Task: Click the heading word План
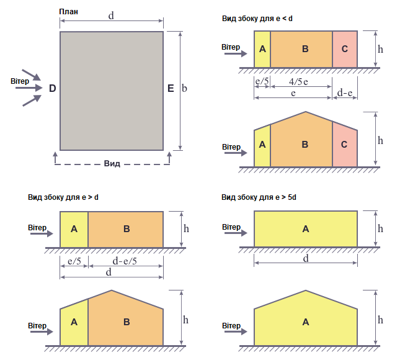pyautogui.click(x=68, y=12)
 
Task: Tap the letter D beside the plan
pyautogui.click(x=53, y=88)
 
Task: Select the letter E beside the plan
pyautogui.click(x=171, y=88)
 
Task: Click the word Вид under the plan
pyautogui.click(x=112, y=164)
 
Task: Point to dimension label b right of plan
pyautogui.click(x=184, y=88)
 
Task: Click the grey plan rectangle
pyautogui.click(x=112, y=91)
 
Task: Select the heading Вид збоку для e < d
pyautogui.click(x=257, y=19)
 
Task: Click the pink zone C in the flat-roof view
pyautogui.click(x=345, y=49)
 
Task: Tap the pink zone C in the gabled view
pyautogui.click(x=345, y=145)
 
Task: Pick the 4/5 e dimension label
pyautogui.click(x=298, y=82)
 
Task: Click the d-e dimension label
pyautogui.click(x=345, y=92)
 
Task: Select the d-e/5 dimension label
pyautogui.click(x=125, y=261)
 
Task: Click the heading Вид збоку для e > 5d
pyautogui.click(x=259, y=197)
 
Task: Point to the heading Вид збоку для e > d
pyautogui.click(x=63, y=197)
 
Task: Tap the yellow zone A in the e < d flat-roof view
pyautogui.click(x=262, y=49)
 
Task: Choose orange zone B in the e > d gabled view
pyautogui.click(x=126, y=320)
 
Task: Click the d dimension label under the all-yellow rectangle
pyautogui.click(x=306, y=258)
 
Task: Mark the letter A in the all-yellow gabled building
pyautogui.click(x=306, y=322)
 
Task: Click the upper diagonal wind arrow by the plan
pyautogui.click(x=31, y=75)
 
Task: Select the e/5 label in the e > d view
pyautogui.click(x=74, y=261)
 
